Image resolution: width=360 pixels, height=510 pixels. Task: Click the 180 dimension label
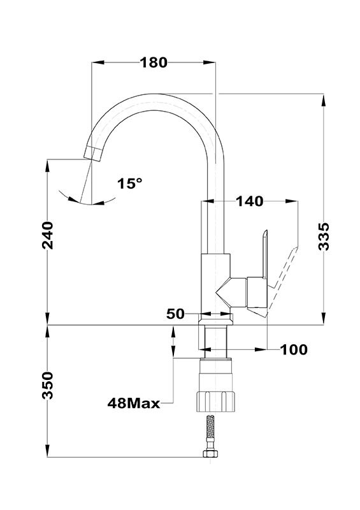154,62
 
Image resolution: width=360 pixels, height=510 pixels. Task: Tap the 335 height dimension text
324,237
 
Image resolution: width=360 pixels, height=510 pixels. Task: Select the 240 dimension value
48,235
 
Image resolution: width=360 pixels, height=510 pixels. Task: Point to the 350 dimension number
48,386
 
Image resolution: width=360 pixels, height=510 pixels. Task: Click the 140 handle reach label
249,201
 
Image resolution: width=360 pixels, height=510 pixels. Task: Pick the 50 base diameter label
175,314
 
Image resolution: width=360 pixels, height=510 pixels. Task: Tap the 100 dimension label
294,349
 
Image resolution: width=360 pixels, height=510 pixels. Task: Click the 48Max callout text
134,404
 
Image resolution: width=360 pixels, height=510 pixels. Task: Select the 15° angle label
130,184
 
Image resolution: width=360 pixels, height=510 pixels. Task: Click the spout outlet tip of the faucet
92,154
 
